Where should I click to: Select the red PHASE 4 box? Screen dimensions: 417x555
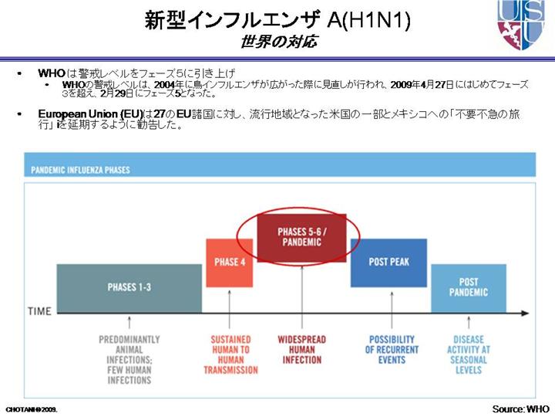[229, 263]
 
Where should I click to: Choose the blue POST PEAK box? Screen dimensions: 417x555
[388, 263]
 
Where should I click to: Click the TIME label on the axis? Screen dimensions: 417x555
[39, 312]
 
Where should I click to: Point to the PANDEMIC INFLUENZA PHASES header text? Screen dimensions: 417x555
[80, 169]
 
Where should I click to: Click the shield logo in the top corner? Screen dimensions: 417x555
[520, 25]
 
